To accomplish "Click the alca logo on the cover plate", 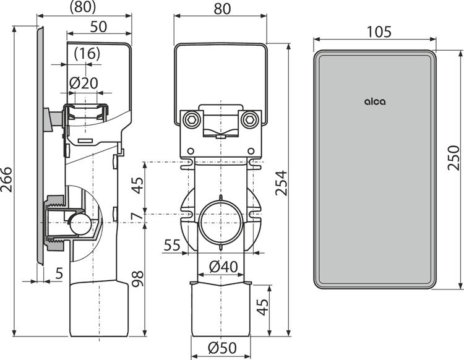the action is pos(375,101).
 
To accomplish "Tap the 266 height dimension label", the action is pos(7,180).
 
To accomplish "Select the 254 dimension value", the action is pos(281,183).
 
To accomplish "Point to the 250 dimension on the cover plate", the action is pos(453,158).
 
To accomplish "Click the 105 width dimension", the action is pos(379,32).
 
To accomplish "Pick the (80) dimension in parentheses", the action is pos(83,7).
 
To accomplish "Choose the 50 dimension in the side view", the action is pos(98,27).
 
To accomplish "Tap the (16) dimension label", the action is pos(87,54).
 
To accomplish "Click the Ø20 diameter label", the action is pos(84,83).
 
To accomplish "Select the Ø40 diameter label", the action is pos(223,267).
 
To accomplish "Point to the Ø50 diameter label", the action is pos(222,348).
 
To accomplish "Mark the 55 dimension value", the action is pos(172,245).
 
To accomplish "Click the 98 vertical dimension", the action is pos(137,278).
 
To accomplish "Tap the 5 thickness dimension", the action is pos(59,273).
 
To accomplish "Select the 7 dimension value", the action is pos(137,216).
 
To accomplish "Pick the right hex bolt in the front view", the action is pos(247,119).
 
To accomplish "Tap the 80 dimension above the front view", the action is pos(222,9).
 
